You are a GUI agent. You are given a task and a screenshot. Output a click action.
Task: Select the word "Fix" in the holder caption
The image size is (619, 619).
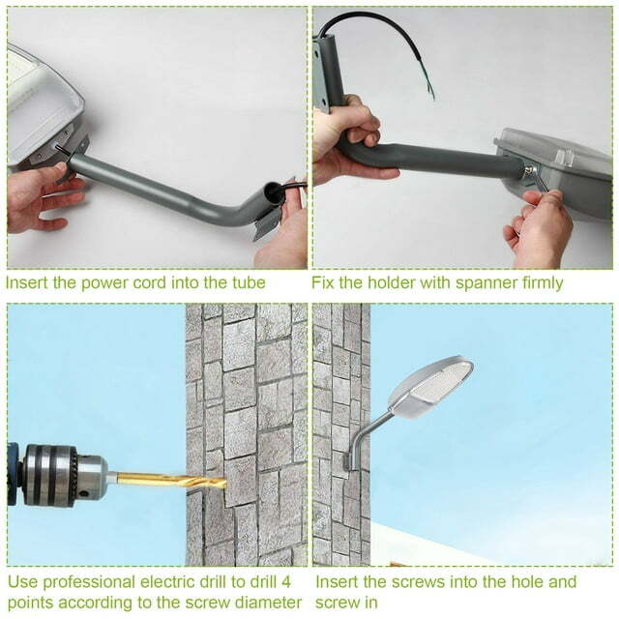[x=324, y=283]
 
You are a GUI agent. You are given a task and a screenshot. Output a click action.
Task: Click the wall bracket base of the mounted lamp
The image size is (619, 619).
[x=348, y=456]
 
